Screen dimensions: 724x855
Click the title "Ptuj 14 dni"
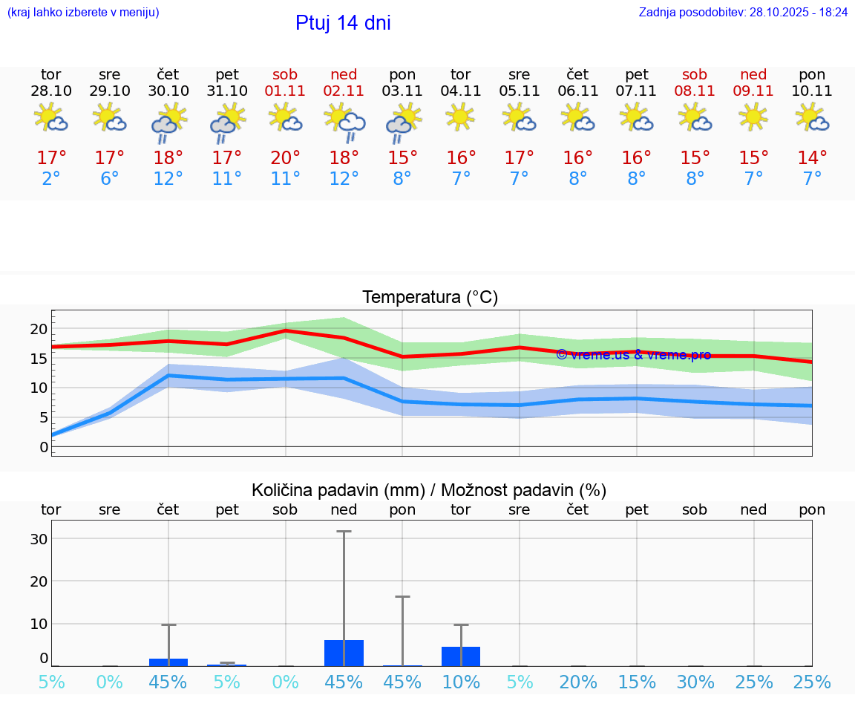click(343, 23)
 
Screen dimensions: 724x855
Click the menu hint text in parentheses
click(83, 13)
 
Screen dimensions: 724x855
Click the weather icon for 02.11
click(344, 122)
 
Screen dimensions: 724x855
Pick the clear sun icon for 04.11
click(461, 116)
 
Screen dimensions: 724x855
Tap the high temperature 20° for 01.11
click(285, 158)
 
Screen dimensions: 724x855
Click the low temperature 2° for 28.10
click(51, 179)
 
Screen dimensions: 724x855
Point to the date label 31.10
click(227, 91)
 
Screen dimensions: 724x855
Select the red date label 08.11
click(695, 91)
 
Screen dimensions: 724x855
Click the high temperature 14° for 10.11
click(812, 158)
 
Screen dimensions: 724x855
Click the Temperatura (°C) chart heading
click(430, 298)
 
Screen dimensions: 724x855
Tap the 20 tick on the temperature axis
click(39, 329)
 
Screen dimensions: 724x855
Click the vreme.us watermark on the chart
click(633, 355)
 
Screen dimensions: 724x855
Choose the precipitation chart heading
click(429, 490)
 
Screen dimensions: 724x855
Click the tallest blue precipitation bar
click(344, 653)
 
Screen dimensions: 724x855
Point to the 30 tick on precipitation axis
click(39, 539)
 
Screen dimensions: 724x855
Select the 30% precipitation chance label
click(695, 682)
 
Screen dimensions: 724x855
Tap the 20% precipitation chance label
click(578, 682)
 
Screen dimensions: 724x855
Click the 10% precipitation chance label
click(461, 682)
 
